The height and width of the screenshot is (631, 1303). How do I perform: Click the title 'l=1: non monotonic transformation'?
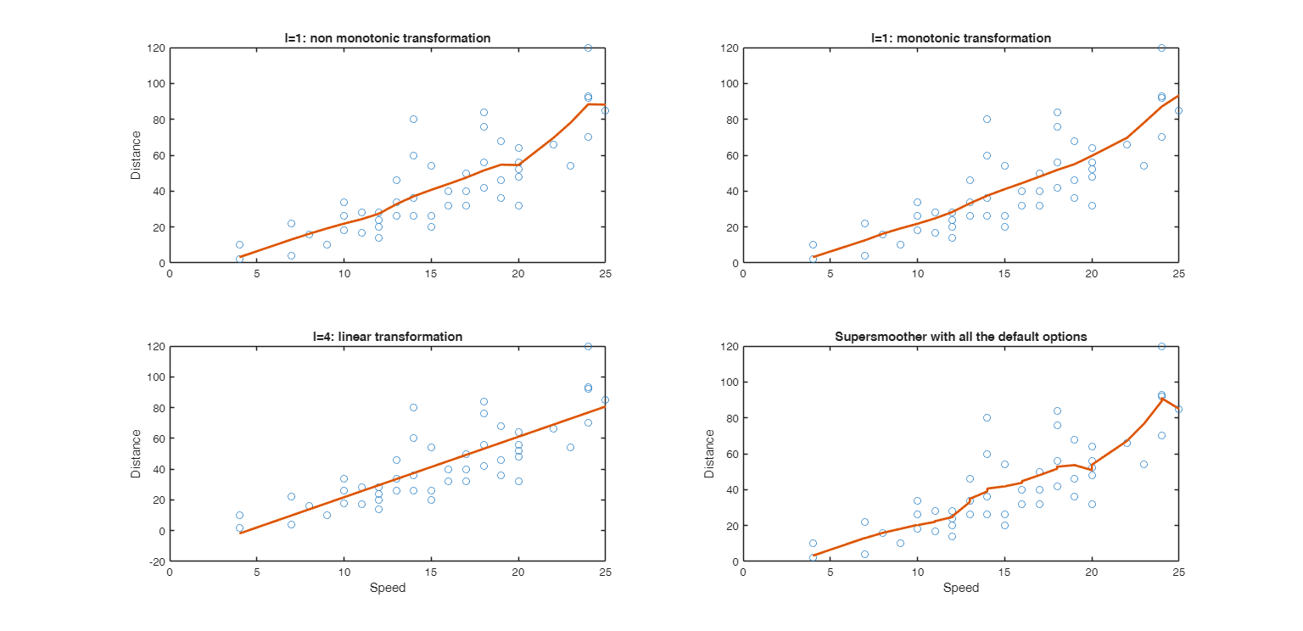click(387, 38)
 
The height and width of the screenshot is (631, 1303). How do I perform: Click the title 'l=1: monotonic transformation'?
click(960, 38)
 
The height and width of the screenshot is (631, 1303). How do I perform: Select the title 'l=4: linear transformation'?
click(387, 337)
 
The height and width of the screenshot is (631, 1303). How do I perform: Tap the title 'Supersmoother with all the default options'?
click(960, 337)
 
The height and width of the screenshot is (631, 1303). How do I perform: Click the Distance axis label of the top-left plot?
click(136, 155)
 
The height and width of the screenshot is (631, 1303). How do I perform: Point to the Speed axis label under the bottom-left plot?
click(387, 588)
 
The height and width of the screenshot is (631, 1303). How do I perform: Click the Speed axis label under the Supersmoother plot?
click(960, 588)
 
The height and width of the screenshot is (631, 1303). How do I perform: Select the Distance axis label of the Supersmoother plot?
click(709, 454)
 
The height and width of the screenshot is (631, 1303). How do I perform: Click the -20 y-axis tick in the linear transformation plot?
click(158, 561)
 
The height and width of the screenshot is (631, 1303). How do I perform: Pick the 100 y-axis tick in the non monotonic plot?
click(155, 84)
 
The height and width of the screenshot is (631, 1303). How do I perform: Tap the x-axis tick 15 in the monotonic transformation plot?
click(1004, 274)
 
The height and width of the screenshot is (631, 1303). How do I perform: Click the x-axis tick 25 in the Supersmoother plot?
click(1178, 572)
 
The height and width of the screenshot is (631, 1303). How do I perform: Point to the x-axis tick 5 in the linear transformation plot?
click(257, 572)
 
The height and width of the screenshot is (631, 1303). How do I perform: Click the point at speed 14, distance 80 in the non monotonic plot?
click(413, 120)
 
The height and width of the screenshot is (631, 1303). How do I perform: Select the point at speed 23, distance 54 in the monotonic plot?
click(1144, 166)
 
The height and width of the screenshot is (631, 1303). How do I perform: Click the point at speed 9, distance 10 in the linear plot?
click(327, 515)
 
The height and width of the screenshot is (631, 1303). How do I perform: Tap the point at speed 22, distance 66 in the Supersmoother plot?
click(1127, 443)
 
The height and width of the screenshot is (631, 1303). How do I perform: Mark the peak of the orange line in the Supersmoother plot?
click(1161, 399)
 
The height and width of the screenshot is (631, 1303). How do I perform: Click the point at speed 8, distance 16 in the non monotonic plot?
click(309, 234)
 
